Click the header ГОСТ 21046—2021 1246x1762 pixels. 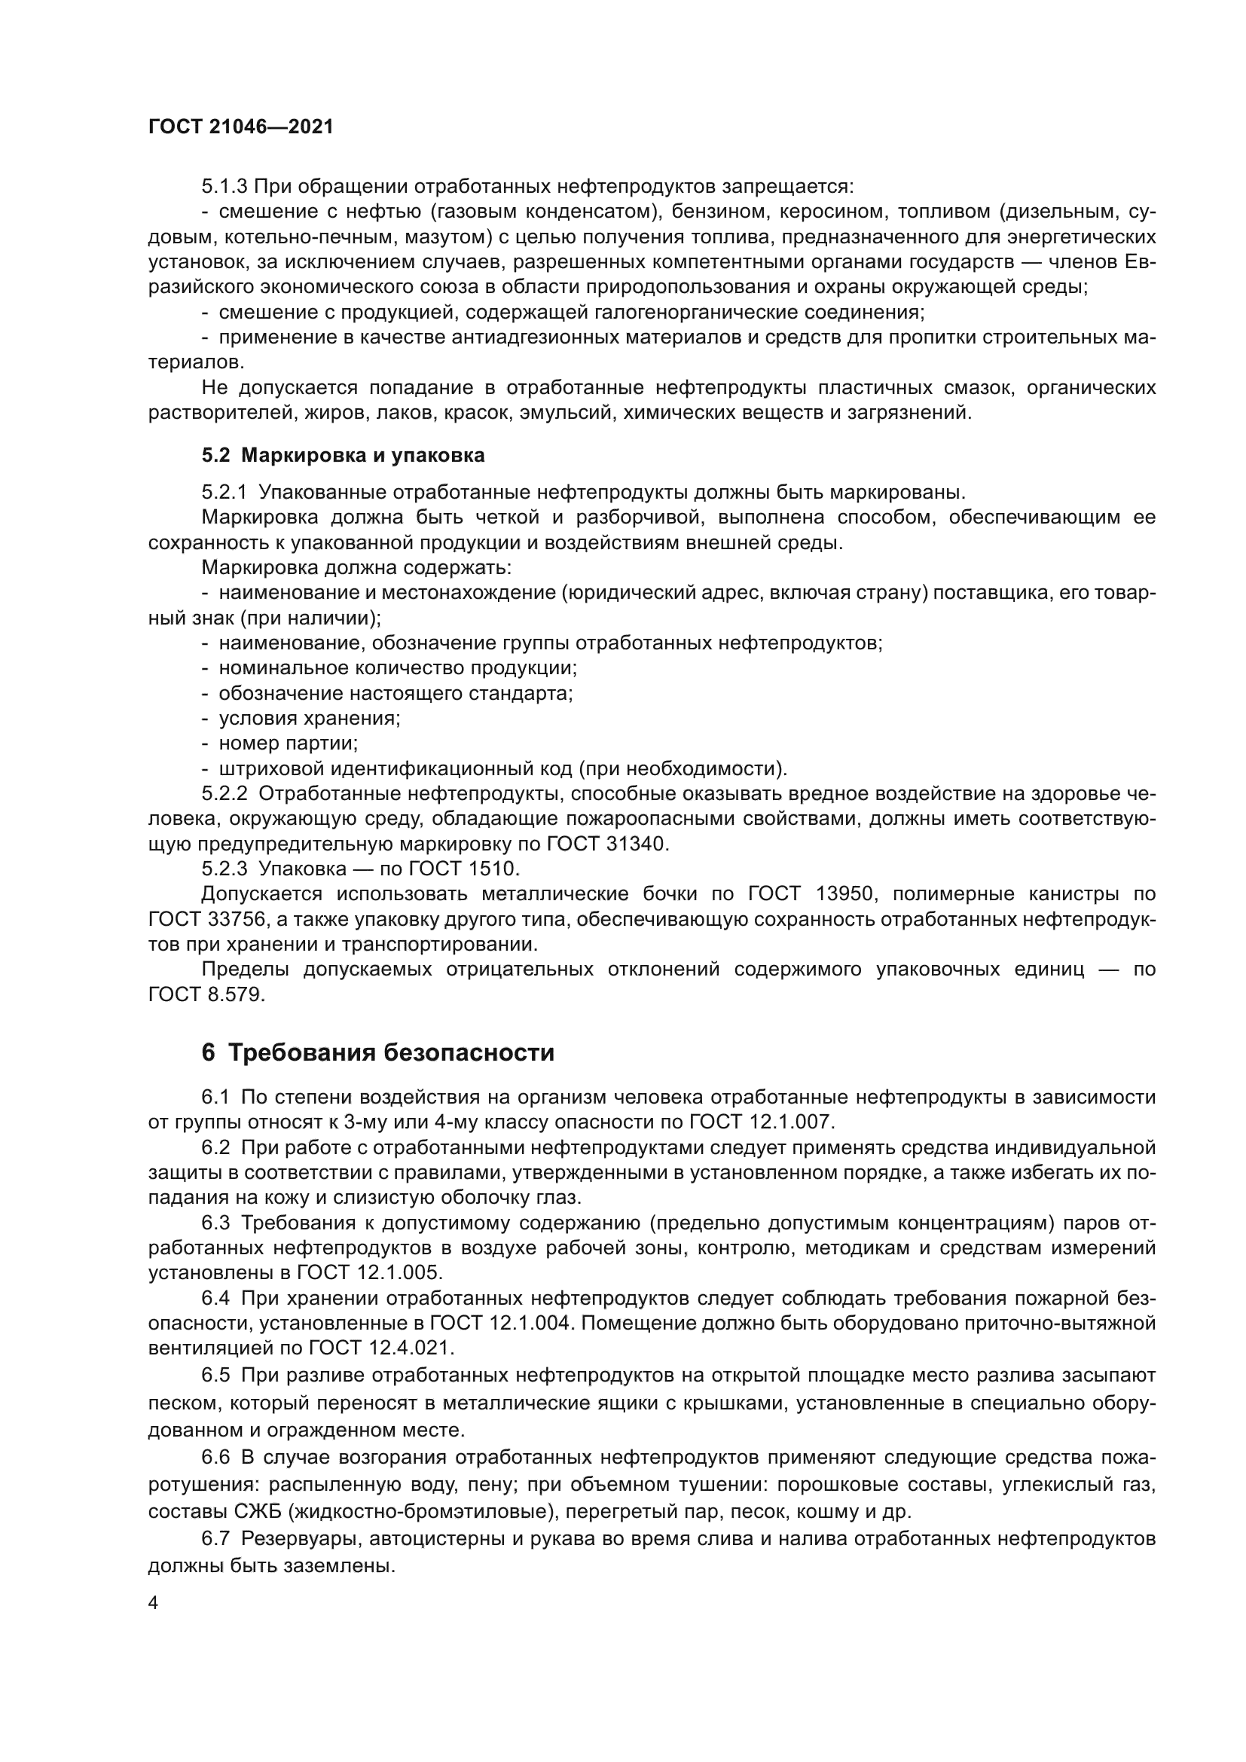coord(241,127)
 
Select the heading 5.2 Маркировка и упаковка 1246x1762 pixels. coord(343,455)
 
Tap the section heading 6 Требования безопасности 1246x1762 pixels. coord(377,1052)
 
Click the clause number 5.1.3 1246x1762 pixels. coord(224,187)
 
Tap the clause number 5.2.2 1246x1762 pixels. coord(224,794)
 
